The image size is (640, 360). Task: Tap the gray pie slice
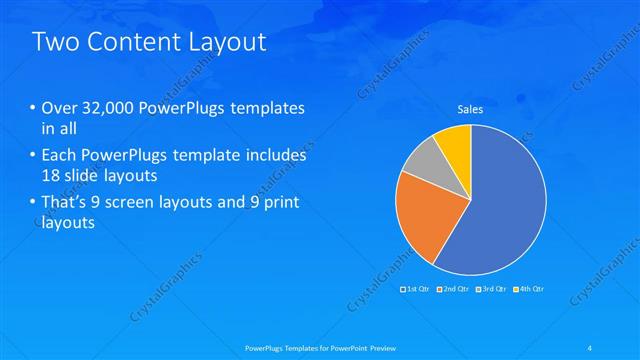click(426, 161)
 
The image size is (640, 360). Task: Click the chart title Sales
click(470, 111)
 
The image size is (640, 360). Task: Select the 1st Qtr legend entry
click(417, 289)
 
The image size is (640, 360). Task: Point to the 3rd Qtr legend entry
click(490, 289)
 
